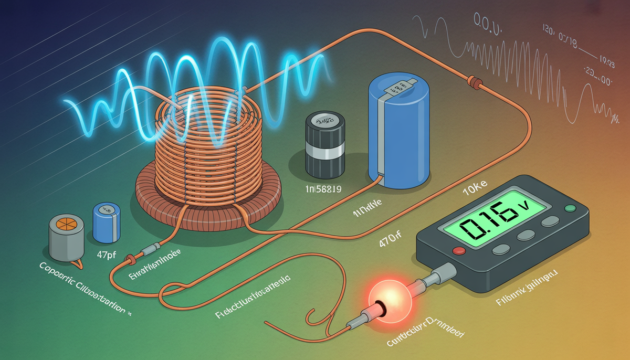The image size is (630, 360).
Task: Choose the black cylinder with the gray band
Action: pos(323,144)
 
